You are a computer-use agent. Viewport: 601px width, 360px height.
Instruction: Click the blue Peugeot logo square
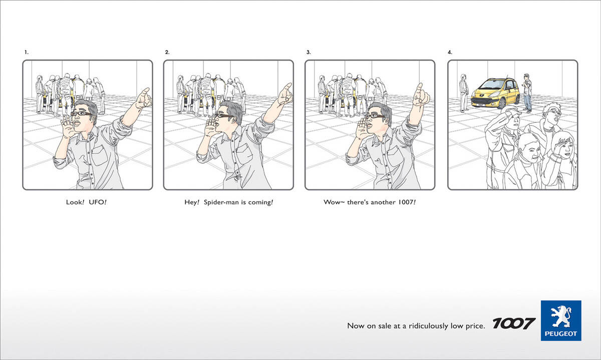(561, 320)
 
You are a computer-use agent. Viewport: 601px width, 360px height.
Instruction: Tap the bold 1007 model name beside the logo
(514, 323)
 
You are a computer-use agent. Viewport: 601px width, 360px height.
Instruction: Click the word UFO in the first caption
(98, 202)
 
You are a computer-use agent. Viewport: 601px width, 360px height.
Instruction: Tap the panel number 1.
(26, 52)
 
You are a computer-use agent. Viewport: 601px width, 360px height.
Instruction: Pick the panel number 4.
(450, 52)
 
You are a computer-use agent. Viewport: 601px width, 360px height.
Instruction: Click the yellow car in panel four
(495, 93)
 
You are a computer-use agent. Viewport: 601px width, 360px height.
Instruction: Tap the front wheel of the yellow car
(501, 103)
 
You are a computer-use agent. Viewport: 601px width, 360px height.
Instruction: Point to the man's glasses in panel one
(81, 114)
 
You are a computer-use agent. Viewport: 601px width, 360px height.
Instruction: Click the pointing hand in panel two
(285, 94)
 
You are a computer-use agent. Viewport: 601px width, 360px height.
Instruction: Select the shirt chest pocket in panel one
(100, 155)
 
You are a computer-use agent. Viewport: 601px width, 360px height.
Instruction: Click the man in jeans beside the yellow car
(527, 93)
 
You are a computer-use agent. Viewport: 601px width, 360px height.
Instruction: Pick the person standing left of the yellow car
(464, 93)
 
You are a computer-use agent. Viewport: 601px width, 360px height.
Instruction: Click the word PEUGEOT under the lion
(561, 333)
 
